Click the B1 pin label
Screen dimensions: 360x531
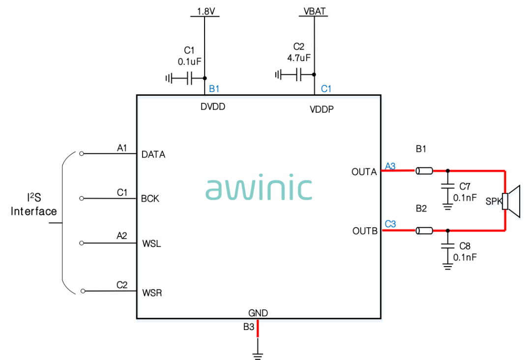(x=214, y=89)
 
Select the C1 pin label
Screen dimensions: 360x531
(x=326, y=89)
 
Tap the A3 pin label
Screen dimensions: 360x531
(x=390, y=166)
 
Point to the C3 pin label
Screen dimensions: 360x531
(x=390, y=224)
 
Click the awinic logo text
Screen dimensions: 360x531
(x=259, y=188)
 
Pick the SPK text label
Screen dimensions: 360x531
(x=493, y=202)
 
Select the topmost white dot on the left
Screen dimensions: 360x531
(x=82, y=153)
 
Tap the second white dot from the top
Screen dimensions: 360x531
(x=82, y=198)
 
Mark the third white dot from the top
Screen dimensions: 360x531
(x=82, y=243)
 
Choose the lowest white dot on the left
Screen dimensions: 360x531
(x=83, y=291)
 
